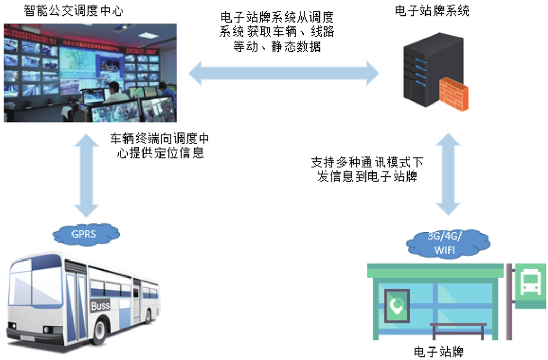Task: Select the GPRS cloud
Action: (x=83, y=232)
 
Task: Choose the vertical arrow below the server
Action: (x=447, y=174)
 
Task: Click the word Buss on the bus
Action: (x=99, y=306)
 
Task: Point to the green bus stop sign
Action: (x=530, y=285)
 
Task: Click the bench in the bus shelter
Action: (x=458, y=329)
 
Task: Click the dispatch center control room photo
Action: (x=90, y=72)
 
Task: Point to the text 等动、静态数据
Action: (x=277, y=46)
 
